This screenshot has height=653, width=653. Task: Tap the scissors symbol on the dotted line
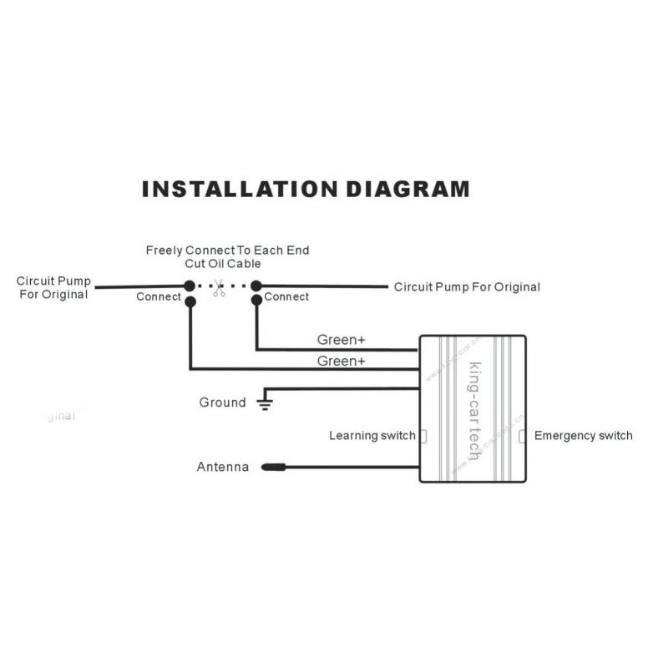coord(219,289)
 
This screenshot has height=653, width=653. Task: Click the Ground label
coord(222,402)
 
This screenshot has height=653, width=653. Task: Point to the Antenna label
coord(222,467)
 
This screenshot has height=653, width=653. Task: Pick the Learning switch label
coord(372,435)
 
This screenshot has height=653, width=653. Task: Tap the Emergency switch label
coord(583,435)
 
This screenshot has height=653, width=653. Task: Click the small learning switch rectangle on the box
coord(423,436)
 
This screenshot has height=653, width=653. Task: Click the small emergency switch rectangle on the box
coord(523,436)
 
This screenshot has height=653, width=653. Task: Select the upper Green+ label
coord(341,340)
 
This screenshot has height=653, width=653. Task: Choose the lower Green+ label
coord(341,361)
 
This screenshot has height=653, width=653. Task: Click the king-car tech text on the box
coord(473,409)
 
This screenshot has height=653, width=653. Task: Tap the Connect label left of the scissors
coord(159,296)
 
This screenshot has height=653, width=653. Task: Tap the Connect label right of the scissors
coord(286,296)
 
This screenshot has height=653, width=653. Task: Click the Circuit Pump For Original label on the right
coord(467,287)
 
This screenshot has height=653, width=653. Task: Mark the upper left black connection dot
coord(190,286)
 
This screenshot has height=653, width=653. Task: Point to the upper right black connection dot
coord(256,286)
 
